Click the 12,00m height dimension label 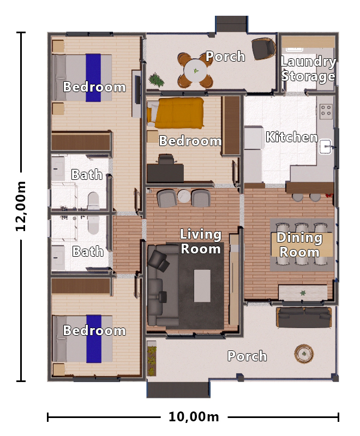pos(21,207)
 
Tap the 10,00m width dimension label pos(194,417)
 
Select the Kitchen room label pos(291,137)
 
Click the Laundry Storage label pos(308,69)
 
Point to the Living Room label pos(201,241)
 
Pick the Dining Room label pos(299,245)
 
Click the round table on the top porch pos(195,70)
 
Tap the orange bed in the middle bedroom pos(178,112)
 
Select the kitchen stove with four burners pos(326,111)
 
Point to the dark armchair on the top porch pos(263,49)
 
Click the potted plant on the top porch pos(157,80)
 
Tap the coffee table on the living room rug pos(202,286)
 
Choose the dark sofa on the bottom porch pos(304,317)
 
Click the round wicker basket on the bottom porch pos(304,354)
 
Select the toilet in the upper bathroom pos(93,199)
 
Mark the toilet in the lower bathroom pos(93,224)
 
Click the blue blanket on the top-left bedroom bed pos(93,77)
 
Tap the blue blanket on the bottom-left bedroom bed pos(93,338)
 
